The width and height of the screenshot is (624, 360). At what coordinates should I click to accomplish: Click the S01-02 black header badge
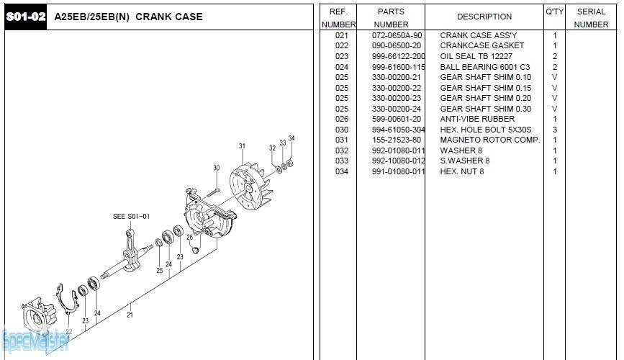(x=26, y=17)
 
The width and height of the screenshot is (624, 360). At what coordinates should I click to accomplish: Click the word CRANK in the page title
(x=150, y=17)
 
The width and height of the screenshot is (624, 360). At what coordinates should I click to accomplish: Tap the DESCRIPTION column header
(x=484, y=17)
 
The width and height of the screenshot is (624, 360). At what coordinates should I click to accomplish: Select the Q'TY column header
(x=554, y=12)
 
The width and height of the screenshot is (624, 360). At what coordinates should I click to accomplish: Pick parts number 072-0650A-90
(x=397, y=35)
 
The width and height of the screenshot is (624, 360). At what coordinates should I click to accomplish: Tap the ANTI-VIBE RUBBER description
(x=477, y=119)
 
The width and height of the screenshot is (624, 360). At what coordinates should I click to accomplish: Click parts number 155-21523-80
(x=397, y=140)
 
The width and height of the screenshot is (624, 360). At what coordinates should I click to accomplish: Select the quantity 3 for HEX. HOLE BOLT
(x=554, y=130)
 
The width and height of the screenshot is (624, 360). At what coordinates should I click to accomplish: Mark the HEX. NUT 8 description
(x=462, y=171)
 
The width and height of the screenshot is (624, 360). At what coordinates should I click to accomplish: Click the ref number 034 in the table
(x=342, y=171)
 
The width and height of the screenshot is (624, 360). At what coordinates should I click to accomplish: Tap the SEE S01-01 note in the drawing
(x=131, y=216)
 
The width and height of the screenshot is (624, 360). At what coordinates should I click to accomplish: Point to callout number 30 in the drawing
(x=216, y=168)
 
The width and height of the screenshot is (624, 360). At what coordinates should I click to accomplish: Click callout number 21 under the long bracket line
(x=130, y=314)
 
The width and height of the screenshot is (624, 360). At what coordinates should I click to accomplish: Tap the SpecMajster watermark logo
(x=35, y=340)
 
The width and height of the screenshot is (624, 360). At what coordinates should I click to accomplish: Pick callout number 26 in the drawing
(x=189, y=237)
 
